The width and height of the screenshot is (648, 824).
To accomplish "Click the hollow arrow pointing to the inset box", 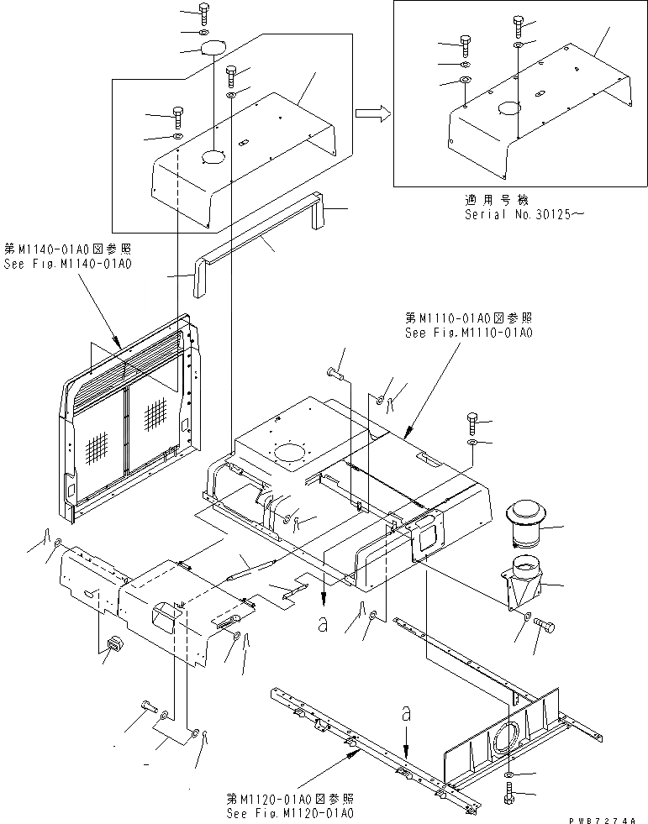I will point(373,113).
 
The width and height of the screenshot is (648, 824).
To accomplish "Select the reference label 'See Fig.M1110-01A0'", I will point(468,333).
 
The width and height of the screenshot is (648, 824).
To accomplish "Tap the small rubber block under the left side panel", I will point(112,645).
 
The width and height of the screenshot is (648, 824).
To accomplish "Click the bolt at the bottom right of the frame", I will point(512,793).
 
